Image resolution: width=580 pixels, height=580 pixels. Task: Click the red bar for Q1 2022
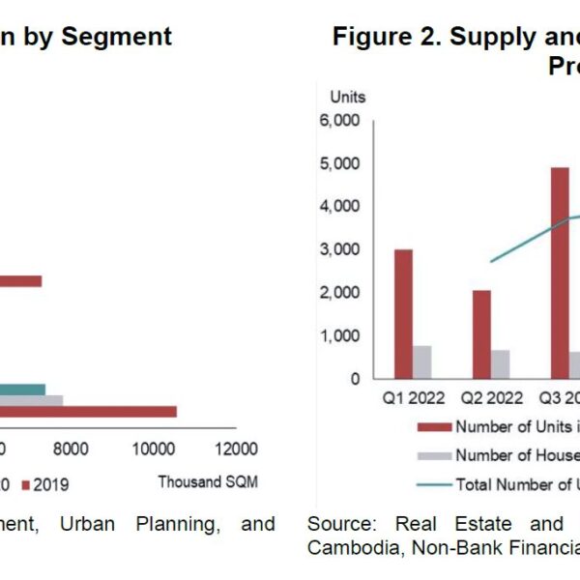click(x=403, y=313)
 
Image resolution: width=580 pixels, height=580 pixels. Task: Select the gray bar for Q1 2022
click(x=422, y=362)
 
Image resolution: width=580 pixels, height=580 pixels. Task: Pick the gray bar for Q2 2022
click(x=500, y=363)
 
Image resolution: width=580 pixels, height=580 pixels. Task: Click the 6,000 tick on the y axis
click(x=339, y=121)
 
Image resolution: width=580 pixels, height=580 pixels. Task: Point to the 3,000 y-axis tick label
click(x=339, y=249)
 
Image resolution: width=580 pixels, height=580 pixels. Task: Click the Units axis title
click(x=348, y=97)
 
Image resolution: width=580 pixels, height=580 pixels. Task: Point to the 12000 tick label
click(x=237, y=449)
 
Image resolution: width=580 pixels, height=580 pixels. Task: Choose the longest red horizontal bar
click(x=87, y=412)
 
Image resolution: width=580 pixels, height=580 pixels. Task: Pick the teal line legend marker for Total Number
click(x=433, y=484)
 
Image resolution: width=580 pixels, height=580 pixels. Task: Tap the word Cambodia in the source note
click(x=346, y=548)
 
